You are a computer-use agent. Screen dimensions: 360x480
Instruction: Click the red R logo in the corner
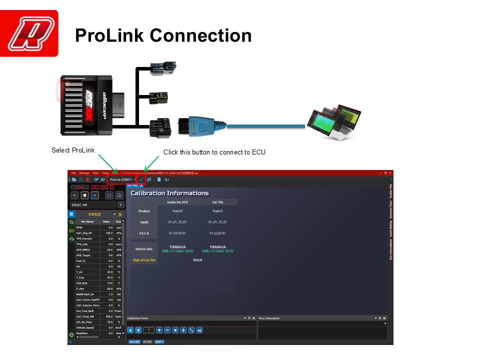point(29,33)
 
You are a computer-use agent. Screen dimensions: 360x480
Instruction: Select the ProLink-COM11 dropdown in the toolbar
point(122,179)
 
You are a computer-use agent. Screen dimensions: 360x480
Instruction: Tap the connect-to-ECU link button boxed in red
point(141,179)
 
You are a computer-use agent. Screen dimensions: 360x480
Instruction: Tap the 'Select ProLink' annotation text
point(73,150)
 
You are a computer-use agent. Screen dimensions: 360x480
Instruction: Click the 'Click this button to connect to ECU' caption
point(214,152)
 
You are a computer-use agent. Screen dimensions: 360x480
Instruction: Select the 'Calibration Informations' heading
point(169,193)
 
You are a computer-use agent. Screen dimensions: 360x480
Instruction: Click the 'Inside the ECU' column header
point(177,202)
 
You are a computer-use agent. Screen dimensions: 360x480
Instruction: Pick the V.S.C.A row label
point(144,233)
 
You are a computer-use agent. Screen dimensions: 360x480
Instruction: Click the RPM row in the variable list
point(80,227)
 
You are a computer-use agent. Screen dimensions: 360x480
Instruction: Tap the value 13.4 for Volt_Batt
point(109,283)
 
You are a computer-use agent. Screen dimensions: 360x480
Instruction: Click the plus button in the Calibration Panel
point(159,330)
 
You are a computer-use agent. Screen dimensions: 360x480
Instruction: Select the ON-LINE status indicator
point(134,342)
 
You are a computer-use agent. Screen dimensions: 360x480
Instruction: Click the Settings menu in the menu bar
point(84,173)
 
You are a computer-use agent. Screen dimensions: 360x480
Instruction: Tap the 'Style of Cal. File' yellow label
point(144,260)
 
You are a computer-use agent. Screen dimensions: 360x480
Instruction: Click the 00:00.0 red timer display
point(102,187)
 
